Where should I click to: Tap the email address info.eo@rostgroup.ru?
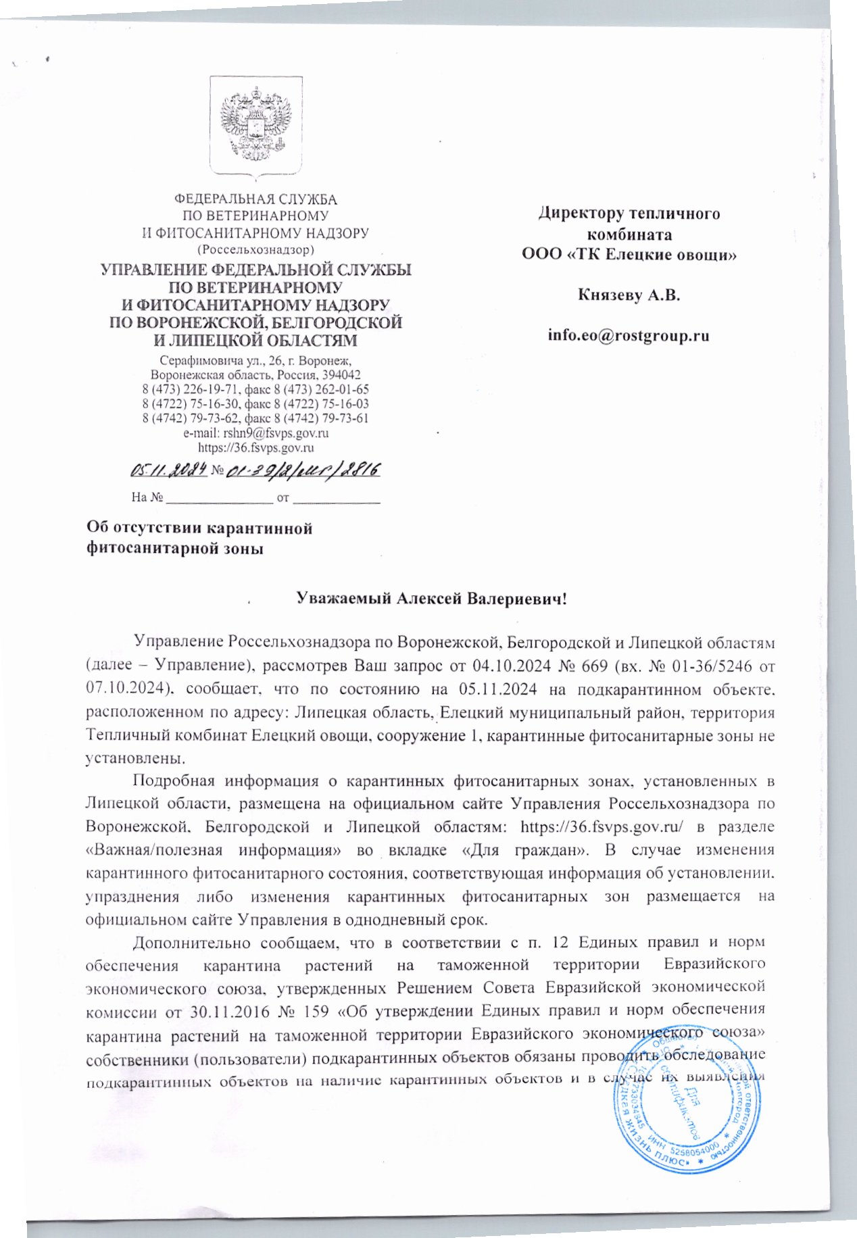[x=629, y=335]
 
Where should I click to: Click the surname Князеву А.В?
[x=629, y=295]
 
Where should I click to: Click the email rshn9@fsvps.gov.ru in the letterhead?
[x=275, y=433]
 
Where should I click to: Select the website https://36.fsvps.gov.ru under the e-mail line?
[x=255, y=447]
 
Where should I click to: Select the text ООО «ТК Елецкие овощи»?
[x=629, y=255]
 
